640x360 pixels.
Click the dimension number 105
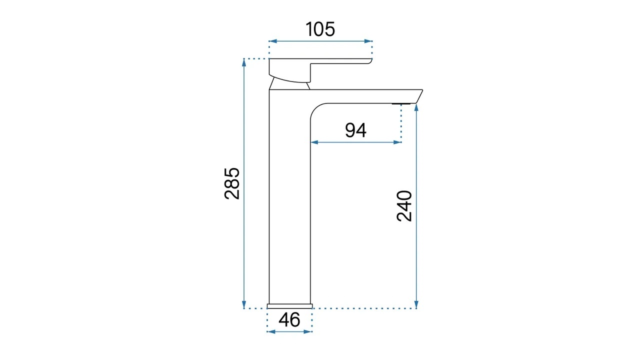coord(320,29)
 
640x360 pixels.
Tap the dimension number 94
coord(355,130)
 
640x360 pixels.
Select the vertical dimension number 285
coord(231,183)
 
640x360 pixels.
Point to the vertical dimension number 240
coord(404,206)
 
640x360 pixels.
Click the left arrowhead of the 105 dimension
coord(273,41)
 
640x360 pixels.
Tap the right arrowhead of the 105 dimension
coord(368,41)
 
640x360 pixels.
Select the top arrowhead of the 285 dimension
coord(244,62)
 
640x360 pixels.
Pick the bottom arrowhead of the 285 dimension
coord(244,304)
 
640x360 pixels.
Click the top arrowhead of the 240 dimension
coord(416,108)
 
